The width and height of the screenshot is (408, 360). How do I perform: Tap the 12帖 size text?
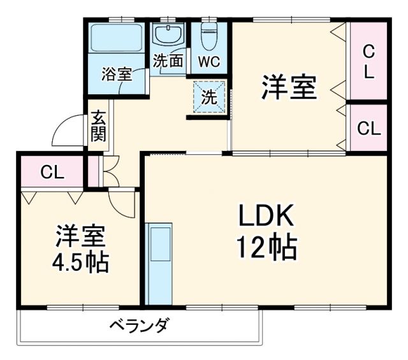point(267,248)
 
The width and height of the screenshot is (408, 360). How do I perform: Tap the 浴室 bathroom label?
point(117,73)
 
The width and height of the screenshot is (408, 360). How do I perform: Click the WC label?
point(208,63)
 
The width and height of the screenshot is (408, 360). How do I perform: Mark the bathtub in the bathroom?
point(117,40)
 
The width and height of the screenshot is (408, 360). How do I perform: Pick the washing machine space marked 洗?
point(209,98)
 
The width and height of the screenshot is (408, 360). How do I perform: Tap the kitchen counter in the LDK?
point(159,261)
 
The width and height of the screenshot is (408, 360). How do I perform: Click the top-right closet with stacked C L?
point(368,61)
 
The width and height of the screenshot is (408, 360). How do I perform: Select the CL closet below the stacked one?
point(368,128)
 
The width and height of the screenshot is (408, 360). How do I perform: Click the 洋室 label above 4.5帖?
point(80,236)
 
